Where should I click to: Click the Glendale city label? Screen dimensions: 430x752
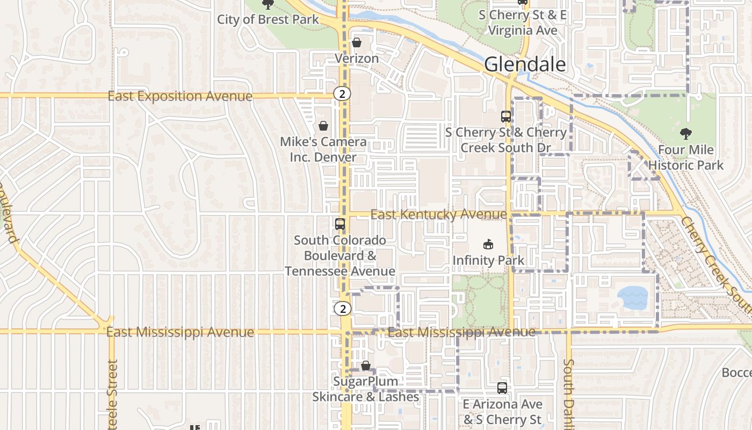(x=525, y=64)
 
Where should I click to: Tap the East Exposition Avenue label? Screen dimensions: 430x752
(x=180, y=96)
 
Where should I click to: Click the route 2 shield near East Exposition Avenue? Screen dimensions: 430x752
(x=342, y=94)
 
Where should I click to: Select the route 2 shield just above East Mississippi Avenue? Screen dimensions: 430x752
(x=342, y=309)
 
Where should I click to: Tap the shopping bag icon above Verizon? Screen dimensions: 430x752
(x=357, y=42)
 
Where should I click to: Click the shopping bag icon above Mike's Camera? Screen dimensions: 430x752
(x=323, y=126)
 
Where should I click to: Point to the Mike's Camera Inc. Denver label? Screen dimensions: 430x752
(x=323, y=149)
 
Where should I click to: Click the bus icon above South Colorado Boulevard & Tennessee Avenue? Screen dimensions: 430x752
(x=340, y=224)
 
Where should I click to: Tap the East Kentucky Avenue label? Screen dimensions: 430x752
(x=438, y=215)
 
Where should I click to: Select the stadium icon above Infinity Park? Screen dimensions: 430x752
(x=488, y=245)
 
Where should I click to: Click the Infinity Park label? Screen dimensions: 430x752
(x=488, y=261)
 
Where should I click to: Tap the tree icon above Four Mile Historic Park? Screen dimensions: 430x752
(x=685, y=134)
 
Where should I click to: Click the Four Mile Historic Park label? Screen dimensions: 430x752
(x=686, y=157)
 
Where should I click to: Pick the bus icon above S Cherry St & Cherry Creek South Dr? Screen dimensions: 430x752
(x=505, y=116)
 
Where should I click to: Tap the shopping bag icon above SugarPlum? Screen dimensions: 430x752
(x=366, y=366)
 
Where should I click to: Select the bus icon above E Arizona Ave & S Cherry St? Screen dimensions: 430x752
(x=502, y=388)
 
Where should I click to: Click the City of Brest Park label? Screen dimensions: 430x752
(x=268, y=20)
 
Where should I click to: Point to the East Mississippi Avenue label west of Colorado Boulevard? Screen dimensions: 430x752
(x=180, y=332)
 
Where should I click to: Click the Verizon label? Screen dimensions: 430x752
(x=357, y=58)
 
